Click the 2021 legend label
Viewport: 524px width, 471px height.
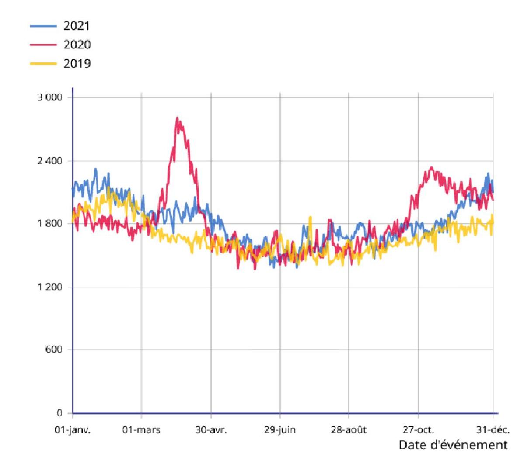(x=77, y=26)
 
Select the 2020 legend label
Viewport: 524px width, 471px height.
(x=77, y=45)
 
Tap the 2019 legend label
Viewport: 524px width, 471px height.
(x=77, y=64)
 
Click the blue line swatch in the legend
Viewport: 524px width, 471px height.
(x=43, y=26)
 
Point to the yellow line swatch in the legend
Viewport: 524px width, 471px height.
(x=43, y=64)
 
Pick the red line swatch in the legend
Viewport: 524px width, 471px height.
(x=43, y=45)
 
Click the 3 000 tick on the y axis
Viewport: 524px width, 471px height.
(x=49, y=97)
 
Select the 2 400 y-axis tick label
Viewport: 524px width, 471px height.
(x=49, y=161)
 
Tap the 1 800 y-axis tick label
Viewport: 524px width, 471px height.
(x=49, y=223)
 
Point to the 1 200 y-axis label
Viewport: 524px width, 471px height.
(x=49, y=287)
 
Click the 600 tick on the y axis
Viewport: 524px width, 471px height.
(x=54, y=350)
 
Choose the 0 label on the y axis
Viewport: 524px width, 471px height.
(x=59, y=413)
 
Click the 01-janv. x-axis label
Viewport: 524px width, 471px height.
(x=72, y=430)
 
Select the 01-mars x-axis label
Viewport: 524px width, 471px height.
(x=141, y=430)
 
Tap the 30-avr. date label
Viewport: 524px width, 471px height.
(x=211, y=430)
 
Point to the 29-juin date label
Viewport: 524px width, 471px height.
(x=280, y=430)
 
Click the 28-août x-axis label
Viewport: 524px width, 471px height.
(x=349, y=430)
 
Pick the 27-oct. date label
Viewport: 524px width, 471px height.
(x=418, y=430)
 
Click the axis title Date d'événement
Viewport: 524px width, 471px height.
(x=453, y=445)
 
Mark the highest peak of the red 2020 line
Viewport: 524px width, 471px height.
(x=177, y=118)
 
